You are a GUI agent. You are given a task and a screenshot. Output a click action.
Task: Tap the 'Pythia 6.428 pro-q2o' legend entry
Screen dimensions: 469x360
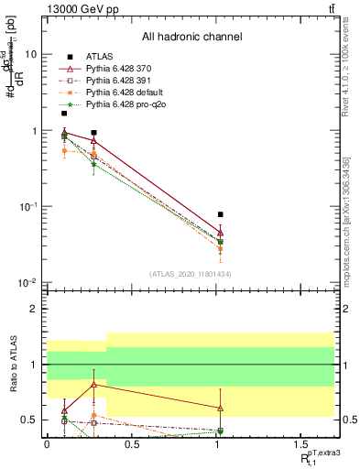click(x=127, y=106)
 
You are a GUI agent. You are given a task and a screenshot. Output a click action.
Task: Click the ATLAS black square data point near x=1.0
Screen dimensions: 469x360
click(x=220, y=214)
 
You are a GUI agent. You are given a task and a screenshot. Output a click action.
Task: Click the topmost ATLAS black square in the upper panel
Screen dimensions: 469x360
click(x=64, y=114)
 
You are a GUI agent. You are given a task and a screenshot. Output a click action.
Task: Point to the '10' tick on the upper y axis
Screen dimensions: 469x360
click(x=31, y=54)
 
